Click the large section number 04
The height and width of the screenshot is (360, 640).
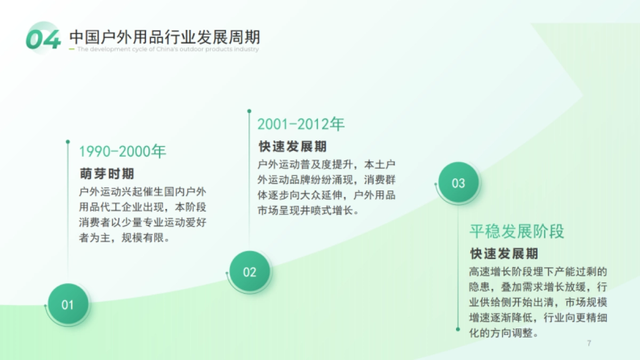pos(43,38)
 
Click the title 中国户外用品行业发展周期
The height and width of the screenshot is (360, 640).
pos(165,37)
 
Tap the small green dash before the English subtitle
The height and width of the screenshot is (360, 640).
pos(72,50)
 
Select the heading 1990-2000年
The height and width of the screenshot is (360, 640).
pos(123,151)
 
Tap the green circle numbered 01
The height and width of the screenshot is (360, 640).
pos(68,305)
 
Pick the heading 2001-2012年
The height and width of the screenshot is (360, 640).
pos(301,124)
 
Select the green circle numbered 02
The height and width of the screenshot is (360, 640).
pos(250,272)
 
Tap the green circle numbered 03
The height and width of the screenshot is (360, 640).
pos(459,183)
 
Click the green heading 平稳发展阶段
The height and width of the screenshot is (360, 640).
pos(517,231)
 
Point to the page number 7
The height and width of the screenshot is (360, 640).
pos(589,343)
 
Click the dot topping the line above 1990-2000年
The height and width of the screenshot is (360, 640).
pos(68,142)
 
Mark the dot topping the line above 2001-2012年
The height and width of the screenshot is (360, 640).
pos(249,111)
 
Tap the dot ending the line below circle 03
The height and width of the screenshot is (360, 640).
pos(458,329)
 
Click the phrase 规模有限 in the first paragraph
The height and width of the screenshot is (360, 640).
pos(143,238)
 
